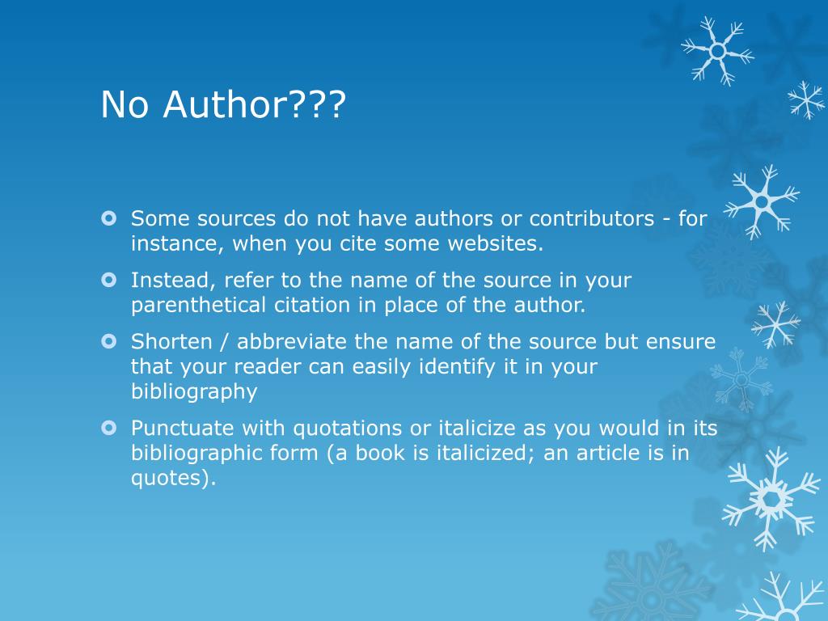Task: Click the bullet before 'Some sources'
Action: pos(108,218)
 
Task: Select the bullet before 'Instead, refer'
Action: pos(108,280)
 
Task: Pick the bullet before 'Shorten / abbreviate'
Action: pos(108,342)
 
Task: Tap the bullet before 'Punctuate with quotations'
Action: pos(108,428)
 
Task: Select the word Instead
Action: pos(173,281)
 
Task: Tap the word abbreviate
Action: pos(291,342)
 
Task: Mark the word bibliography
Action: pos(194,392)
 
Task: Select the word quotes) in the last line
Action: pos(174,479)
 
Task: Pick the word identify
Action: pos(458,367)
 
